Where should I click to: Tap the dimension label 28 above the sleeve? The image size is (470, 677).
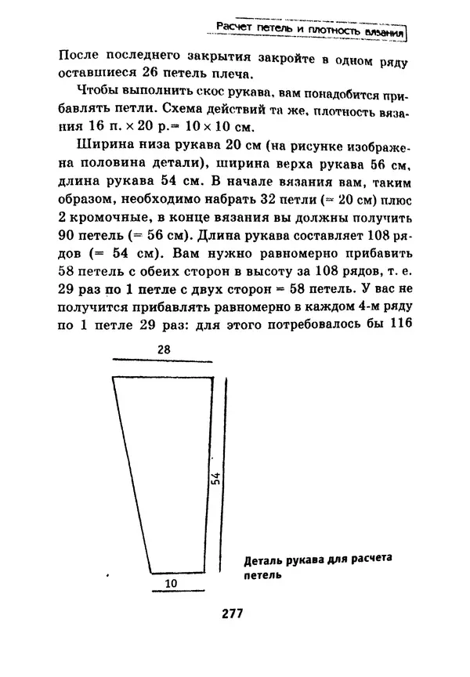click(164, 350)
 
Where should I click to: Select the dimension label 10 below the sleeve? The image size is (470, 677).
click(171, 585)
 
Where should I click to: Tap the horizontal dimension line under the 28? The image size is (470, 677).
click(164, 361)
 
